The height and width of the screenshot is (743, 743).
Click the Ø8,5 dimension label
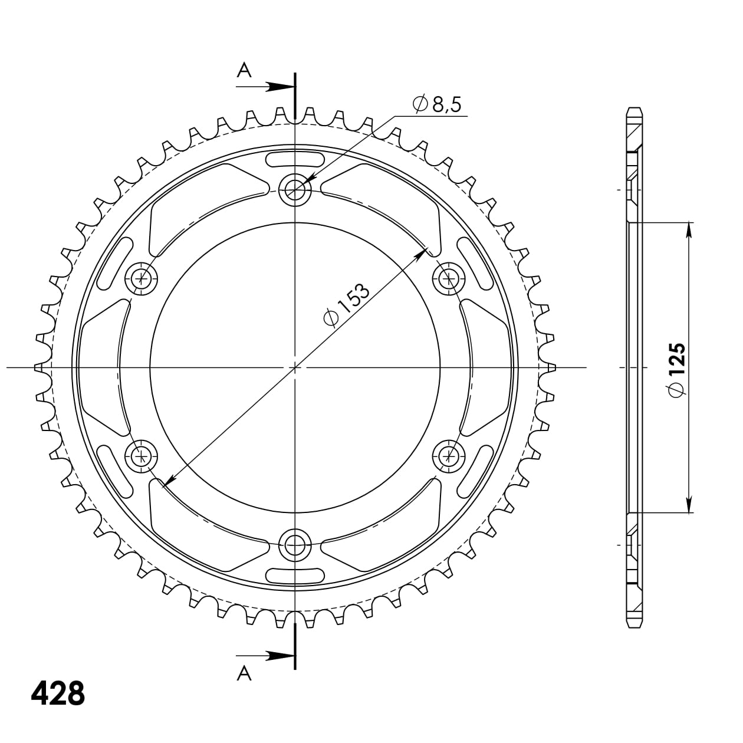(438, 105)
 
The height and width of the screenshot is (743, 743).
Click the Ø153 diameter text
(347, 304)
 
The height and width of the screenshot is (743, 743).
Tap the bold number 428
(58, 693)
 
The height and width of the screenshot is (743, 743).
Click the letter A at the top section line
(244, 71)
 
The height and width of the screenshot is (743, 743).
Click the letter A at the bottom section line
(244, 673)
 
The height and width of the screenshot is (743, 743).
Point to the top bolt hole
(294, 189)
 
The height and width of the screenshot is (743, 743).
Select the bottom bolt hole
(294, 545)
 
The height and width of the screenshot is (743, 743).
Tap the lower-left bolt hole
(142, 455)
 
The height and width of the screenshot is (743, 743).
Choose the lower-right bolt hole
(449, 455)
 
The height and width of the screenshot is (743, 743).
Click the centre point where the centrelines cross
(295, 367)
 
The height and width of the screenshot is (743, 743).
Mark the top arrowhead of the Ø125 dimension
(689, 231)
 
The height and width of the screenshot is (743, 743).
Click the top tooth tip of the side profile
(634, 110)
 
